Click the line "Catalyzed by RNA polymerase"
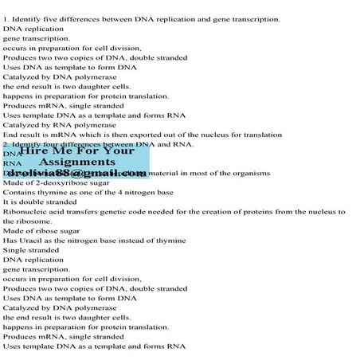(60, 125)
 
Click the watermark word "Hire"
(33, 149)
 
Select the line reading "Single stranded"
(31, 249)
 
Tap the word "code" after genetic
(152, 211)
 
